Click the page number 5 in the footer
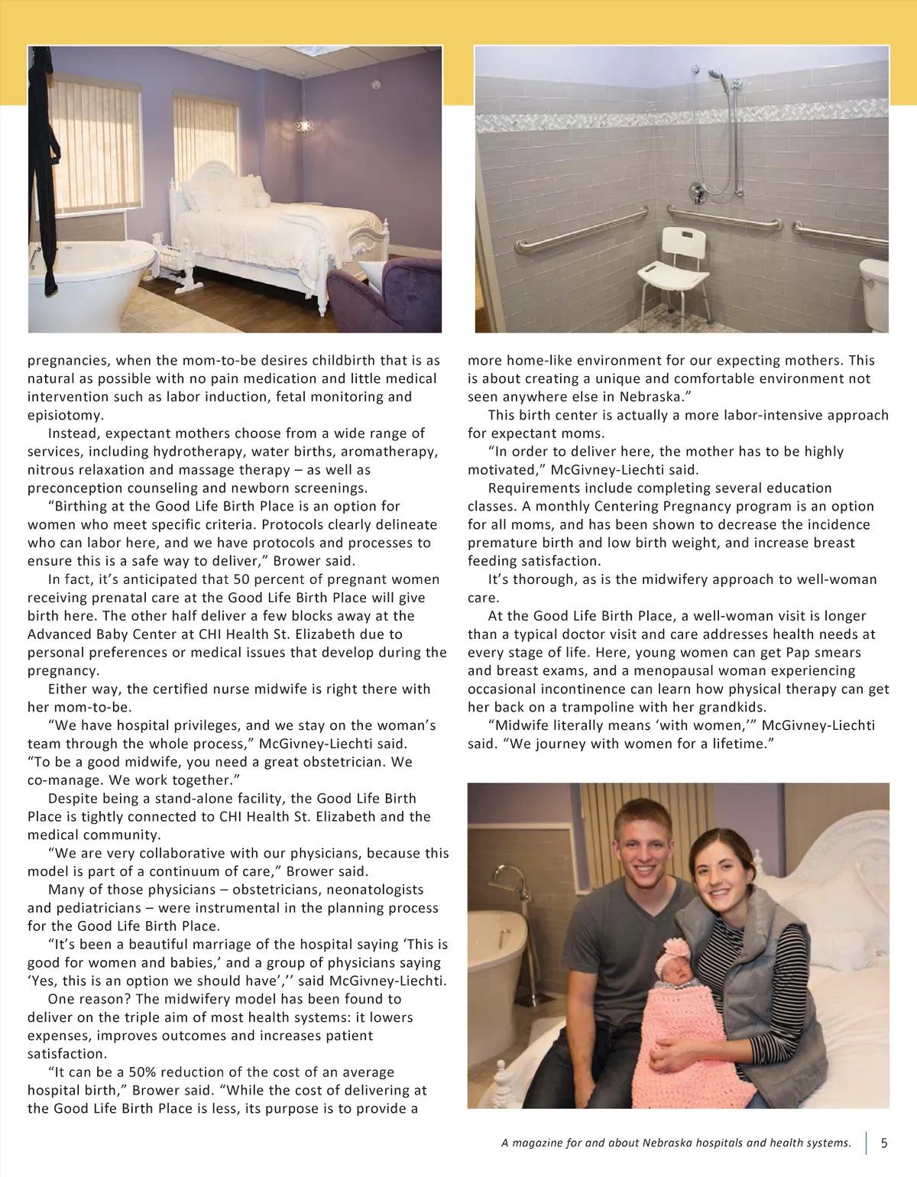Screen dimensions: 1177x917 [884, 1143]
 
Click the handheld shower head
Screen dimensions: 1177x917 [715, 76]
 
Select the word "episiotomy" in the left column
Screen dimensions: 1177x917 [64, 415]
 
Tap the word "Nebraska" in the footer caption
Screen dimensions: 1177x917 [671, 1143]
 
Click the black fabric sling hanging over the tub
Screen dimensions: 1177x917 [43, 176]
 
